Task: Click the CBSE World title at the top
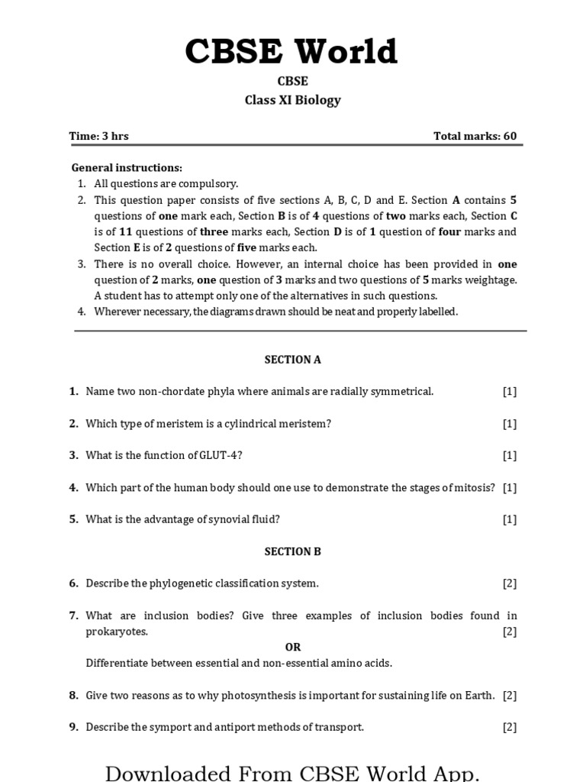[x=292, y=51]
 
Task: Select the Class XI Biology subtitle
[x=292, y=100]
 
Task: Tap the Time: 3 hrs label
[x=98, y=136]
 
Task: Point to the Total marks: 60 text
[x=475, y=136]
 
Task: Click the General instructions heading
[x=127, y=167]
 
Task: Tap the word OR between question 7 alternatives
[x=293, y=647]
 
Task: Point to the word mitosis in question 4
[x=475, y=487]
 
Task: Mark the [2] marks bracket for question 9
[x=509, y=727]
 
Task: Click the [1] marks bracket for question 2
[x=509, y=423]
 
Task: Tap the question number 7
[x=73, y=616]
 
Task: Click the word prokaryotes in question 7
[x=117, y=632]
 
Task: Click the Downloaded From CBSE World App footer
[x=292, y=772]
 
